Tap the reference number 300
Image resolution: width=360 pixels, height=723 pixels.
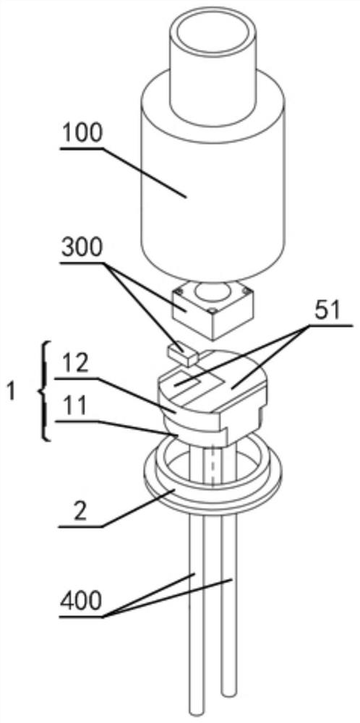click(x=83, y=249)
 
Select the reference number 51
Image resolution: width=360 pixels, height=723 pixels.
click(x=327, y=312)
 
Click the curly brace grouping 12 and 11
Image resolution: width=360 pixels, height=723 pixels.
click(x=43, y=391)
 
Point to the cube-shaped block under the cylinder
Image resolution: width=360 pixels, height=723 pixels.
click(x=213, y=310)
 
